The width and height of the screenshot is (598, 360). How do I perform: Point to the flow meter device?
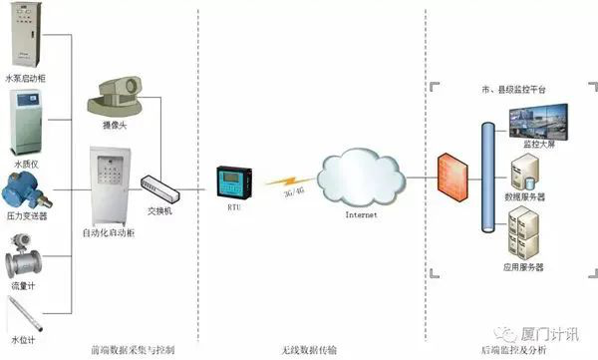23,261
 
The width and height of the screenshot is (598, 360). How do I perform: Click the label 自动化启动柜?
110,232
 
